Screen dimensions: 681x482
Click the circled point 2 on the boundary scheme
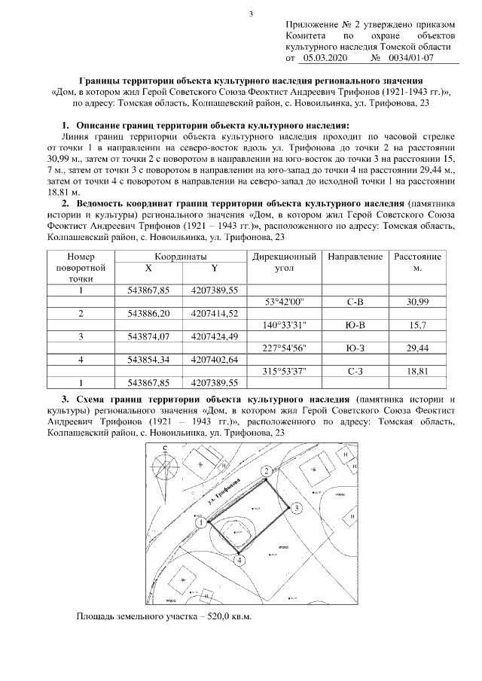pyautogui.click(x=266, y=470)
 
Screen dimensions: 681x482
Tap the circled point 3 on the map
pyautogui.click(x=297, y=509)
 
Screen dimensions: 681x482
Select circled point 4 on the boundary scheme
pyautogui.click(x=239, y=559)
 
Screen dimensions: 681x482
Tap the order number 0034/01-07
pyautogui.click(x=410, y=57)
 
